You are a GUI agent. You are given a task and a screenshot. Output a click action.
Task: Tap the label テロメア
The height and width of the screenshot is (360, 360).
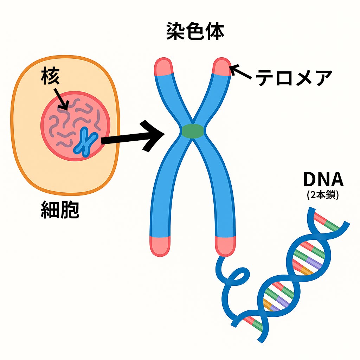click(294, 78)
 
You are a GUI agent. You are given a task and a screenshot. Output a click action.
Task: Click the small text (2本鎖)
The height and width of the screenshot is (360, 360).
click(323, 195)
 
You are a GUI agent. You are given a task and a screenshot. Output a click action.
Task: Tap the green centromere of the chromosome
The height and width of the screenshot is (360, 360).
click(193, 131)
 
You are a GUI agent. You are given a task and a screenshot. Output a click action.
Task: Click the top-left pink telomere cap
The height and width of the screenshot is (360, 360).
click(164, 67)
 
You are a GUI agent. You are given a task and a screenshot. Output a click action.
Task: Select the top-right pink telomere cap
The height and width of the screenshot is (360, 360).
click(221, 66)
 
